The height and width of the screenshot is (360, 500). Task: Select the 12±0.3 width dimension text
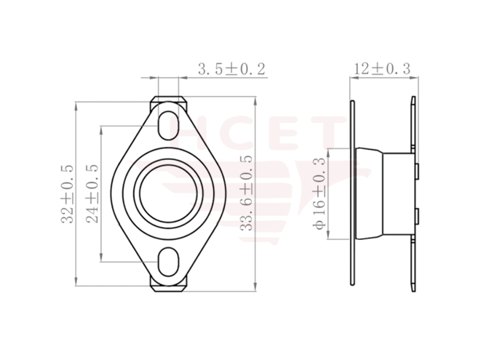pos(381,69)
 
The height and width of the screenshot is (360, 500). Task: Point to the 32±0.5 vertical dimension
pos(66,193)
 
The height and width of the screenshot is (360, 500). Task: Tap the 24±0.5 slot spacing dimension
pos(92,193)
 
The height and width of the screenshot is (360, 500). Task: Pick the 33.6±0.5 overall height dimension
pos(247,193)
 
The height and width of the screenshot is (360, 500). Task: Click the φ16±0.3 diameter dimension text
pos(317,193)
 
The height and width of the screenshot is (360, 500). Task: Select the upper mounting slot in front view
pos(167,119)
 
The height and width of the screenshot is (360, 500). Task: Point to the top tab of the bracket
pos(167,100)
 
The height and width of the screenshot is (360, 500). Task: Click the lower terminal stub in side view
pos(417,215)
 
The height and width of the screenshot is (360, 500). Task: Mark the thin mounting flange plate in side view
pos(352,193)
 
